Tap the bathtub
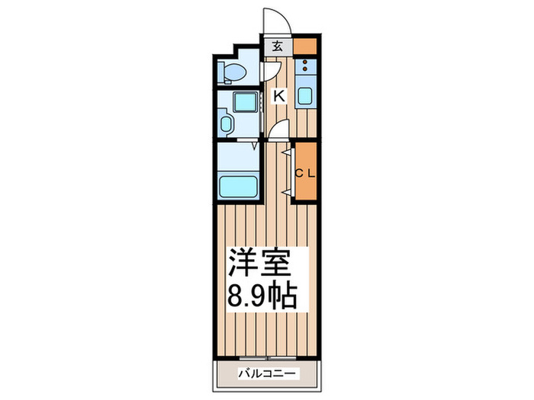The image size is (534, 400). (237, 185)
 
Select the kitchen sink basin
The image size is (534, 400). (304, 97)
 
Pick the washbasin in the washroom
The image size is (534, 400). (226, 123)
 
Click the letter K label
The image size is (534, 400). (279, 95)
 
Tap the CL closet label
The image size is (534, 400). (305, 172)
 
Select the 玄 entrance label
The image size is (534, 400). (276, 45)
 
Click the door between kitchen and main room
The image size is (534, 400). (280, 130)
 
